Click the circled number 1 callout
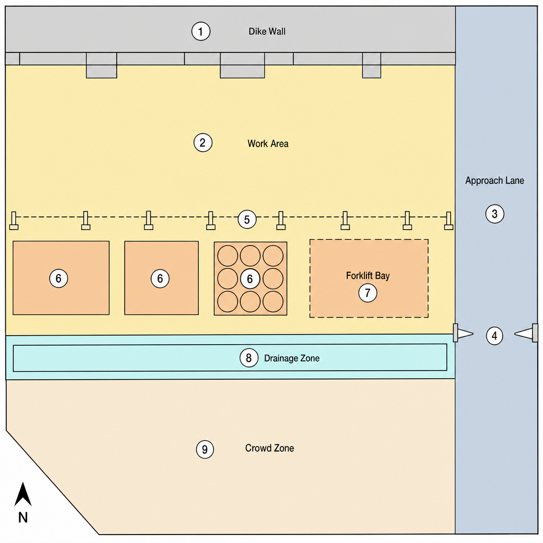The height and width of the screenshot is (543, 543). pyautogui.click(x=200, y=31)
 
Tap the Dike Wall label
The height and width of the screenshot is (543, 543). pyautogui.click(x=267, y=31)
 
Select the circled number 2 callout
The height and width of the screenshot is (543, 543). pyautogui.click(x=203, y=143)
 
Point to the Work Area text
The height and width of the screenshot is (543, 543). pyautogui.click(x=268, y=144)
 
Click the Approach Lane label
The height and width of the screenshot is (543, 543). pyautogui.click(x=495, y=180)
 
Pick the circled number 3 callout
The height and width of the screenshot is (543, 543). pyautogui.click(x=495, y=214)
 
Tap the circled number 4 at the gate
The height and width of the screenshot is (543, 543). pyautogui.click(x=494, y=336)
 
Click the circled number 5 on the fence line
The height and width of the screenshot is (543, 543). pyautogui.click(x=247, y=220)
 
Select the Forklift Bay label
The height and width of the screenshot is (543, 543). pyautogui.click(x=368, y=276)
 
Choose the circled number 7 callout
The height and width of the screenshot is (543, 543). pyautogui.click(x=367, y=293)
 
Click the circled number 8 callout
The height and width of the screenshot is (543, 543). pyautogui.click(x=249, y=358)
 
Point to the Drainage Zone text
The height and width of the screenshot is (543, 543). pyautogui.click(x=292, y=358)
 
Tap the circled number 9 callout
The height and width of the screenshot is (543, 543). pyautogui.click(x=205, y=449)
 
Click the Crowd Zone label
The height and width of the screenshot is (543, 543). pyautogui.click(x=269, y=448)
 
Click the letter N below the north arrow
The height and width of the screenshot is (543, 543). pyautogui.click(x=23, y=518)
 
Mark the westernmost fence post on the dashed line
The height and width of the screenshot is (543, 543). pyautogui.click(x=13, y=221)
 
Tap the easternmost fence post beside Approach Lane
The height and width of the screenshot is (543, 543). pyautogui.click(x=449, y=221)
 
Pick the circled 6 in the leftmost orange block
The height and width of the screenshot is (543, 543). pyautogui.click(x=58, y=278)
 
